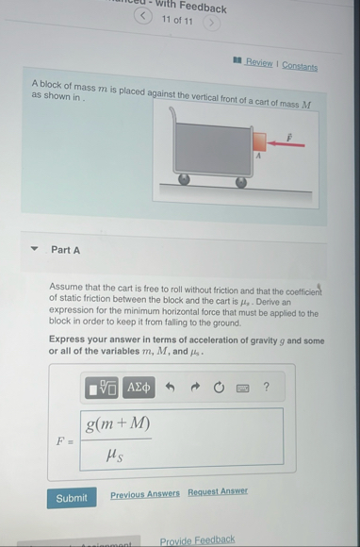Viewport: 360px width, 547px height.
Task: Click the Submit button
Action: (x=71, y=498)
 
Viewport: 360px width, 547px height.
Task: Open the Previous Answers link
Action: (x=144, y=494)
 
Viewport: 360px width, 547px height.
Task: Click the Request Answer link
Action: (x=218, y=491)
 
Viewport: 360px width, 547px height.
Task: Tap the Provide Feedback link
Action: (x=198, y=540)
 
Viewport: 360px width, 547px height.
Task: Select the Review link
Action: (x=258, y=63)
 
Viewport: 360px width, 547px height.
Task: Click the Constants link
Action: (x=300, y=66)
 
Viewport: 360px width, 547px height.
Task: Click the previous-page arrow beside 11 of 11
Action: (x=142, y=16)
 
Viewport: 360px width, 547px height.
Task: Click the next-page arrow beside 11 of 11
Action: (x=213, y=20)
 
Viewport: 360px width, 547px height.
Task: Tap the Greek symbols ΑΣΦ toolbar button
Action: (x=139, y=387)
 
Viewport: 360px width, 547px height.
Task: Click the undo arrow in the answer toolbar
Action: (x=170, y=387)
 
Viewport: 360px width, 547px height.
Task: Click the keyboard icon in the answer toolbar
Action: (x=242, y=387)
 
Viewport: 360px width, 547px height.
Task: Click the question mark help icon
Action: (x=266, y=386)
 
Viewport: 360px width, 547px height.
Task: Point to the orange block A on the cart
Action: (x=259, y=142)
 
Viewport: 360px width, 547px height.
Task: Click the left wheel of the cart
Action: (x=185, y=178)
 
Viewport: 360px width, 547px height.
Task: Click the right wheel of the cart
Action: (x=241, y=182)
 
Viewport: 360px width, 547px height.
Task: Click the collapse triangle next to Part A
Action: (x=35, y=250)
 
